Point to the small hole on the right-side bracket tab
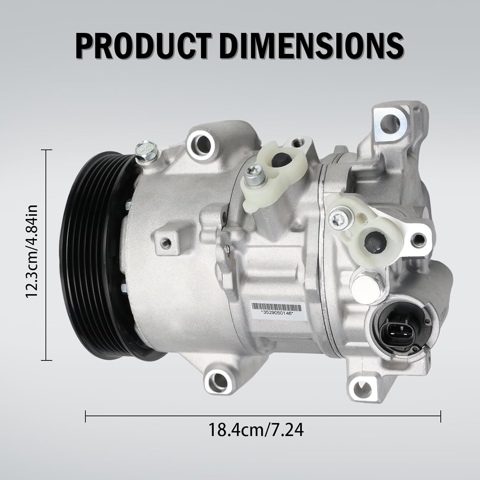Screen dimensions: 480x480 point(418,237)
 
